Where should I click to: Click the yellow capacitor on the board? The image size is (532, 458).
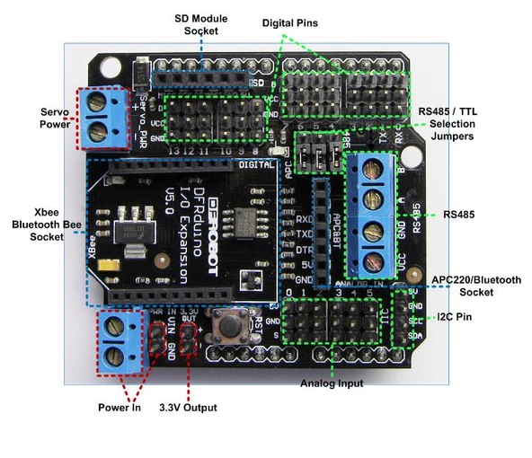coord(109,267)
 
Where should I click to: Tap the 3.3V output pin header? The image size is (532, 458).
coord(188,339)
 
